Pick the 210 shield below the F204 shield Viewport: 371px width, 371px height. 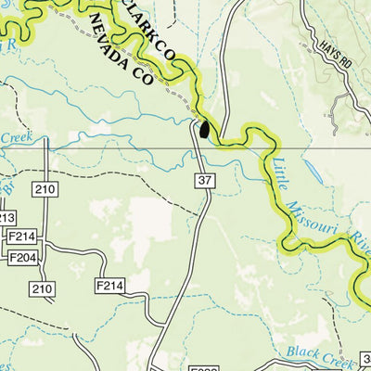[x=42, y=289]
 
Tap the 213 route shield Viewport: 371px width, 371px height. [x=7, y=217]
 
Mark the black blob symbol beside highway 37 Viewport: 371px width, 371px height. [x=204, y=129]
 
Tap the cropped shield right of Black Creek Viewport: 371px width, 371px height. [x=365, y=357]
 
